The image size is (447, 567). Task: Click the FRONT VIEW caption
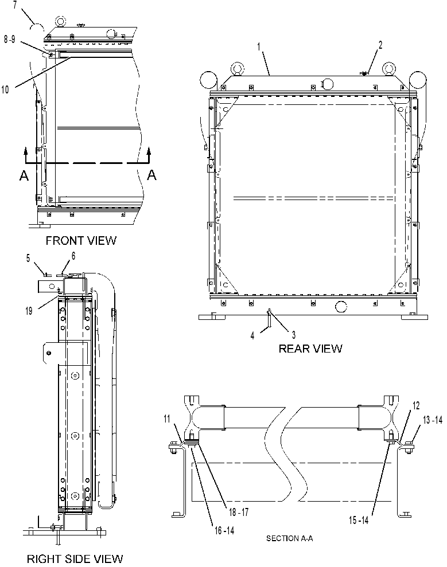(x=81, y=240)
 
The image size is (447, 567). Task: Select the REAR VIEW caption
(x=310, y=349)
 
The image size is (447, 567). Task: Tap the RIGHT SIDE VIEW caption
(x=75, y=558)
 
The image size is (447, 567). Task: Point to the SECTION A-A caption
(x=290, y=538)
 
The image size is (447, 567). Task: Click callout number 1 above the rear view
(x=259, y=46)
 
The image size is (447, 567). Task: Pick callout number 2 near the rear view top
(x=380, y=45)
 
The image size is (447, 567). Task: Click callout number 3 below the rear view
(x=294, y=335)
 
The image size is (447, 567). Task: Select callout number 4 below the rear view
(x=252, y=335)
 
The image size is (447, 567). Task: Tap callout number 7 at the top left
(x=15, y=6)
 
